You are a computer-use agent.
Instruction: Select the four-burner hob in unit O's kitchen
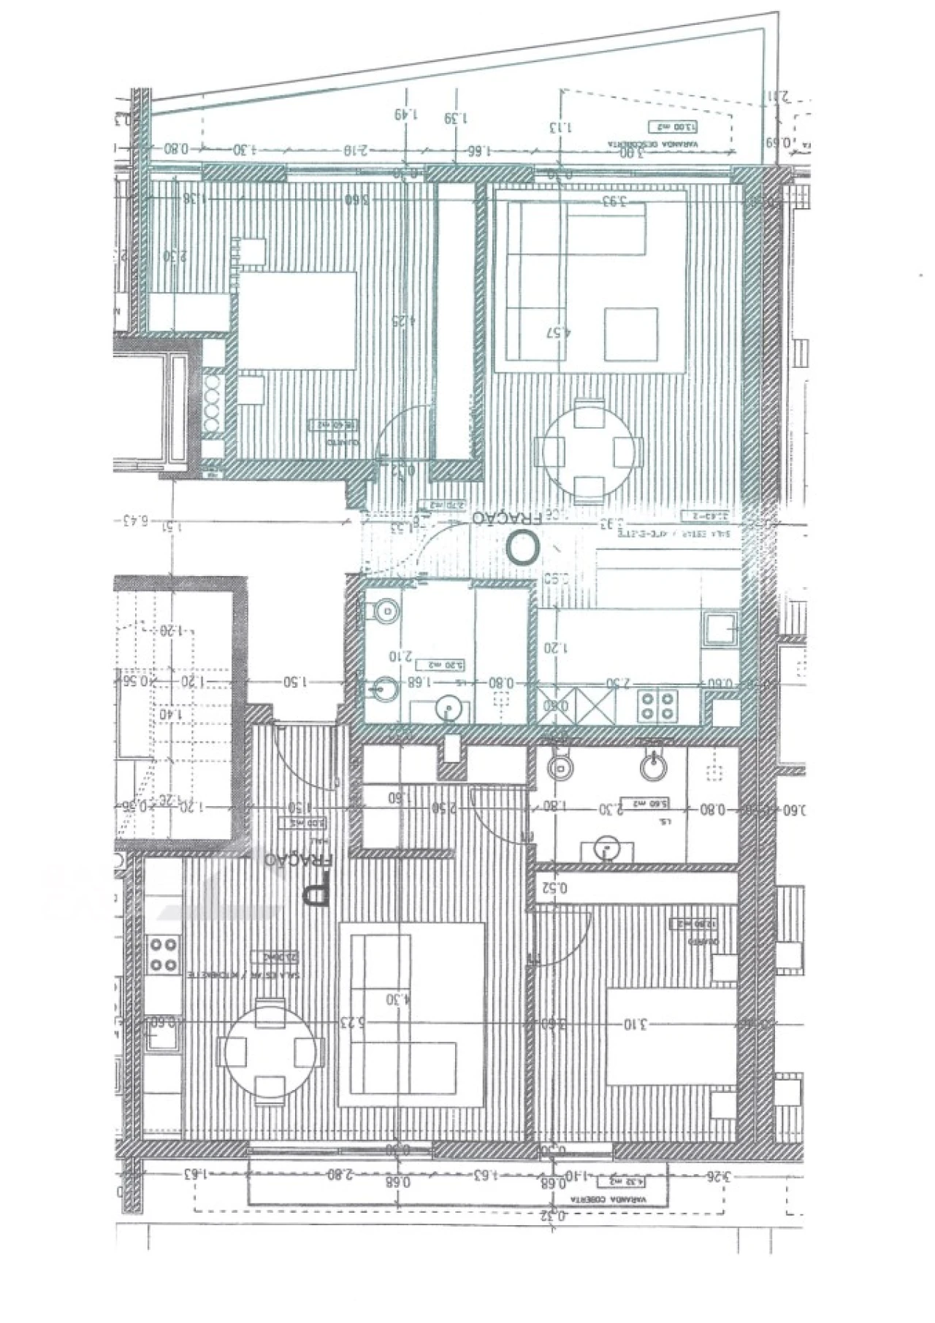tap(652, 705)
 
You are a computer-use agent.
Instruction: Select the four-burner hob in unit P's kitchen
tap(164, 954)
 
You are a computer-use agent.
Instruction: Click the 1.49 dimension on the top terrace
tap(405, 114)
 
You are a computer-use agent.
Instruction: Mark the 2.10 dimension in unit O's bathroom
tap(402, 655)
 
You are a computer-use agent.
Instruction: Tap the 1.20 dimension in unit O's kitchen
tap(555, 647)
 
